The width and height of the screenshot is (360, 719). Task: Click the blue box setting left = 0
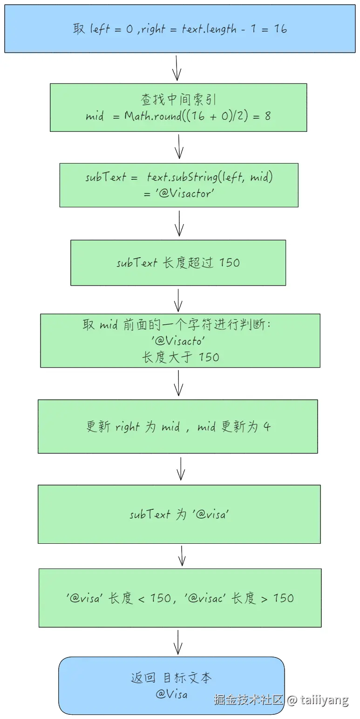(x=180, y=28)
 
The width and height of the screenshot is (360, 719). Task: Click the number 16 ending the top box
(x=280, y=29)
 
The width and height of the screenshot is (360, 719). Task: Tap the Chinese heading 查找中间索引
(x=178, y=100)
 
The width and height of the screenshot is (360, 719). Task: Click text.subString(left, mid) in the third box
(x=209, y=177)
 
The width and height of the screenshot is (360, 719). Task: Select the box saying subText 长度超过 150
(x=178, y=262)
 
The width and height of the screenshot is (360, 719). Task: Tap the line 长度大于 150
(x=180, y=357)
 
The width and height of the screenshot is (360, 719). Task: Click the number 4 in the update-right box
(x=267, y=427)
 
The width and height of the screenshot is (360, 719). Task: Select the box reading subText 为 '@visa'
(x=179, y=514)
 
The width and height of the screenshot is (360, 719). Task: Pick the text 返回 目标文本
(x=171, y=678)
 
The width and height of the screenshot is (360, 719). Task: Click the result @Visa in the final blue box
(x=171, y=694)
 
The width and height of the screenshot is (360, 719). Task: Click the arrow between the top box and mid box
(x=177, y=68)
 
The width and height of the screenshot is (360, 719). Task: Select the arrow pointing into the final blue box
(x=177, y=642)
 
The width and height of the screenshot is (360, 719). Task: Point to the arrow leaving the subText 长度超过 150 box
(x=178, y=300)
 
